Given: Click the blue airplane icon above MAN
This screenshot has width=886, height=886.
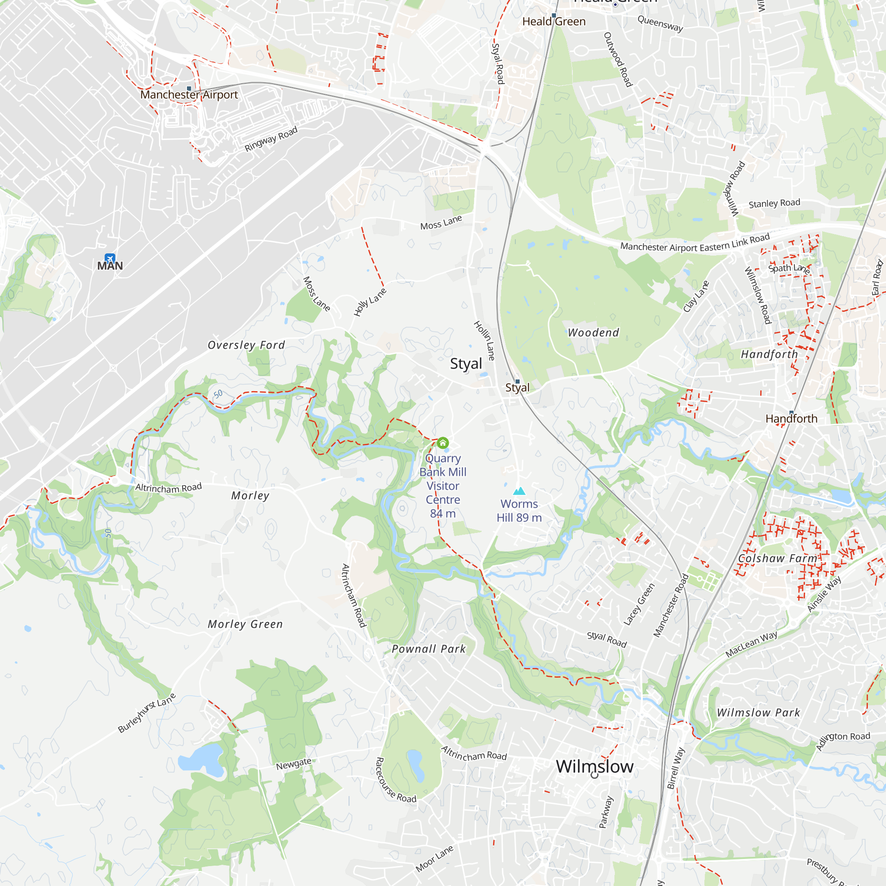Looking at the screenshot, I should tap(110, 258).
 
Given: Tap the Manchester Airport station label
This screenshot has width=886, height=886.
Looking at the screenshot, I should tap(189, 95).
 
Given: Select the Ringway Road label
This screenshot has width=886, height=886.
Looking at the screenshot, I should tap(271, 139).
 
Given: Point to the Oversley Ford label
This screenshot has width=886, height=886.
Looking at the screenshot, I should tap(246, 345).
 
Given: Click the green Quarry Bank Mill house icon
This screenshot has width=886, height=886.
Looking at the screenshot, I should tap(443, 443).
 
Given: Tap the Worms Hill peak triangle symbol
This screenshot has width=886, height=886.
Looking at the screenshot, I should tap(519, 491).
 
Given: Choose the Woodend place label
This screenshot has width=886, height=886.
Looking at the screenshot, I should tap(594, 333).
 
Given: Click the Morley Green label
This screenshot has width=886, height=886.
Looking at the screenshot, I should tap(245, 624).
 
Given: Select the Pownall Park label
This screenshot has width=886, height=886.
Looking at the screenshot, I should tap(429, 649).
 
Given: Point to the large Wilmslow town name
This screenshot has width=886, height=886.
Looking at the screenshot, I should tap(595, 766).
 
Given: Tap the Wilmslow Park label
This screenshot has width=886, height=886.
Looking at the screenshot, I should tap(758, 713).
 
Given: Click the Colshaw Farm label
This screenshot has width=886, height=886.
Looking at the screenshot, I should tap(778, 558).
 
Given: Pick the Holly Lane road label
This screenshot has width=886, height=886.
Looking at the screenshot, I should tap(370, 302).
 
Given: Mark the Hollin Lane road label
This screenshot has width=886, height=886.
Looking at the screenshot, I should tap(484, 340).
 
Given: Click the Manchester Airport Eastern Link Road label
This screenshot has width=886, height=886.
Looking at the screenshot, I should tap(695, 243).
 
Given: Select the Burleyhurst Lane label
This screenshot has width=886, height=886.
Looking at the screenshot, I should tap(147, 713).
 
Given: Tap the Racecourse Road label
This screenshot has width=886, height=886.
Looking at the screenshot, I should tap(396, 780).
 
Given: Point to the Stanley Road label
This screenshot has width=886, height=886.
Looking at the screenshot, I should tap(774, 203).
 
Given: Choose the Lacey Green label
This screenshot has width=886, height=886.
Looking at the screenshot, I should tap(639, 604).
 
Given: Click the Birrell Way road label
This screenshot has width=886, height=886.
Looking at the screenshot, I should tap(676, 768).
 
